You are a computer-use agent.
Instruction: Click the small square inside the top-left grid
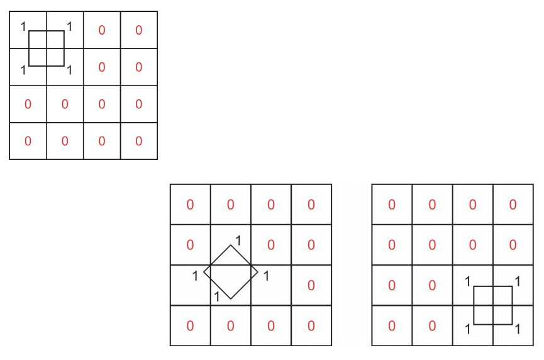(x=47, y=48)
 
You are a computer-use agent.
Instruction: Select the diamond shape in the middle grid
(x=231, y=272)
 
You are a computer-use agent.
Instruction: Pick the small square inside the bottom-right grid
(x=493, y=305)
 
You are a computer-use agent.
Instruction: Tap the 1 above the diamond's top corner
(x=238, y=240)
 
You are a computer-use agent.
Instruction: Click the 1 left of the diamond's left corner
(x=196, y=275)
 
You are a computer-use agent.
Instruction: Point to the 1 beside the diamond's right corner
(x=266, y=275)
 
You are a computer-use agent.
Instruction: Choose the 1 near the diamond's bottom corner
(x=217, y=296)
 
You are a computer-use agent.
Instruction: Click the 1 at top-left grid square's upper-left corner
(x=23, y=27)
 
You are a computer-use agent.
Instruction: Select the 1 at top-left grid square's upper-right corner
(x=69, y=27)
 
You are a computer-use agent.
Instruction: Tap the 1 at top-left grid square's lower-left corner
(x=23, y=70)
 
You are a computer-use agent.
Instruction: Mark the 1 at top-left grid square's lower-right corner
(x=69, y=70)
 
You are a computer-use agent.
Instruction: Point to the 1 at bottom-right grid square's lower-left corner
(x=467, y=329)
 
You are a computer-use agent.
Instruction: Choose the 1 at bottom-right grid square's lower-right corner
(x=518, y=329)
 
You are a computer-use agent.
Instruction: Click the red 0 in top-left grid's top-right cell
(x=138, y=30)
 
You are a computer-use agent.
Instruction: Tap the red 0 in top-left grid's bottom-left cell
(x=28, y=141)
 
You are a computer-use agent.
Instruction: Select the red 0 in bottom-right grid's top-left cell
(x=392, y=205)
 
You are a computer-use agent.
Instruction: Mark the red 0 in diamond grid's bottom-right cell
(x=311, y=325)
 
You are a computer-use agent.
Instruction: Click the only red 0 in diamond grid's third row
(x=311, y=285)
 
